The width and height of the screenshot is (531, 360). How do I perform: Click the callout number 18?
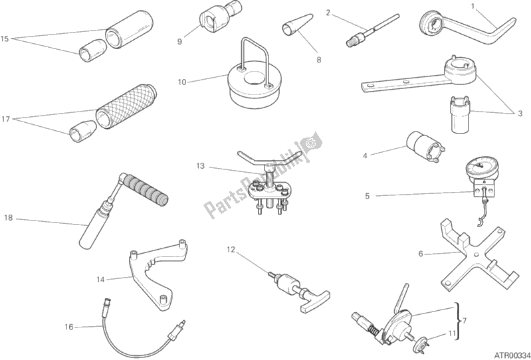click(x=9, y=218)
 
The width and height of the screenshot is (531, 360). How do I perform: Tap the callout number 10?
click(x=182, y=82)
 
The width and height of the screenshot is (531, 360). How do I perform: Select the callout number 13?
click(x=201, y=166)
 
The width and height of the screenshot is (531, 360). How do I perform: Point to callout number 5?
click(x=368, y=196)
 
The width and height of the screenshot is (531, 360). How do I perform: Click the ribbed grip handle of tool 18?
click(x=145, y=189)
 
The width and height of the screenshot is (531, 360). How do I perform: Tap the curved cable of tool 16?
click(x=132, y=351)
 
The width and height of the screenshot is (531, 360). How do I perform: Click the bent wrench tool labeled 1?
click(x=467, y=29)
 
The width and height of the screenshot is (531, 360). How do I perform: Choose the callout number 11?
click(x=452, y=333)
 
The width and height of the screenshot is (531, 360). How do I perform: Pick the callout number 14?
click(x=100, y=280)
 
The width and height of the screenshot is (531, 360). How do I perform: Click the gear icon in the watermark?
click(x=310, y=143)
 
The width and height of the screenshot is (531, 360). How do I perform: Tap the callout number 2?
click(x=328, y=13)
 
